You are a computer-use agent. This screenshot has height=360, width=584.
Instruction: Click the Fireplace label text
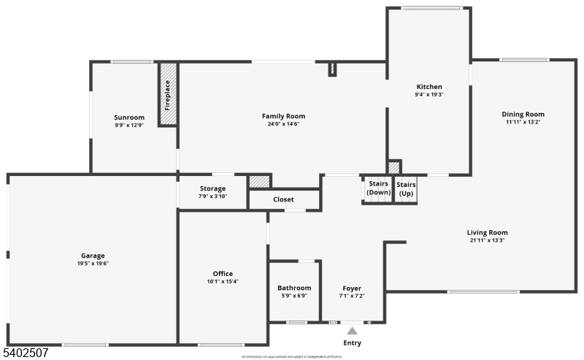pyautogui.click(x=168, y=94)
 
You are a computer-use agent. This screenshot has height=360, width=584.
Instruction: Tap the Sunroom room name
pyautogui.click(x=129, y=118)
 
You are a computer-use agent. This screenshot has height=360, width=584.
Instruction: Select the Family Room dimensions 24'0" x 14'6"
pyautogui.click(x=284, y=124)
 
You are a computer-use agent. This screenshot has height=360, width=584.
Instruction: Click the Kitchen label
pyautogui.click(x=429, y=87)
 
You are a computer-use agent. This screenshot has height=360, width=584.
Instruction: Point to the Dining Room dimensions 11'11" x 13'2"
pyautogui.click(x=523, y=122)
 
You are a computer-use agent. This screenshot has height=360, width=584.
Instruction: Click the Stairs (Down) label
pyautogui.click(x=377, y=188)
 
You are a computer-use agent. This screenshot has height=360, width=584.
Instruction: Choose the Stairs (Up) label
pyautogui.click(x=406, y=188)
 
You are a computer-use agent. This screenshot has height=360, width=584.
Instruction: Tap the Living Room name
pyautogui.click(x=487, y=233)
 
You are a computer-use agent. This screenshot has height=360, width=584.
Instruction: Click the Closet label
pyautogui.click(x=283, y=199)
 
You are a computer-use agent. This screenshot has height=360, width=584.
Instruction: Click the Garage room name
pyautogui.click(x=93, y=256)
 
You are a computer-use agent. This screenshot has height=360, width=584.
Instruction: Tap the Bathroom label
pyautogui.click(x=294, y=288)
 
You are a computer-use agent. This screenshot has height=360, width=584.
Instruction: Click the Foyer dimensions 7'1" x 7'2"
pyautogui.click(x=351, y=296)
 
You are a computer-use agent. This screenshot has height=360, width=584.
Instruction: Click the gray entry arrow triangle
pyautogui.click(x=352, y=331)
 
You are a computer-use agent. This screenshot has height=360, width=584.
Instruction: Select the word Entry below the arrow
pyautogui.click(x=352, y=343)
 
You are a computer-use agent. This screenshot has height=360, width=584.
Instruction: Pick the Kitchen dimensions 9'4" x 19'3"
pyautogui.click(x=429, y=94)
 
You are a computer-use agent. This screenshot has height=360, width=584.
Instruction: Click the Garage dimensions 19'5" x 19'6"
pyautogui.click(x=93, y=264)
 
